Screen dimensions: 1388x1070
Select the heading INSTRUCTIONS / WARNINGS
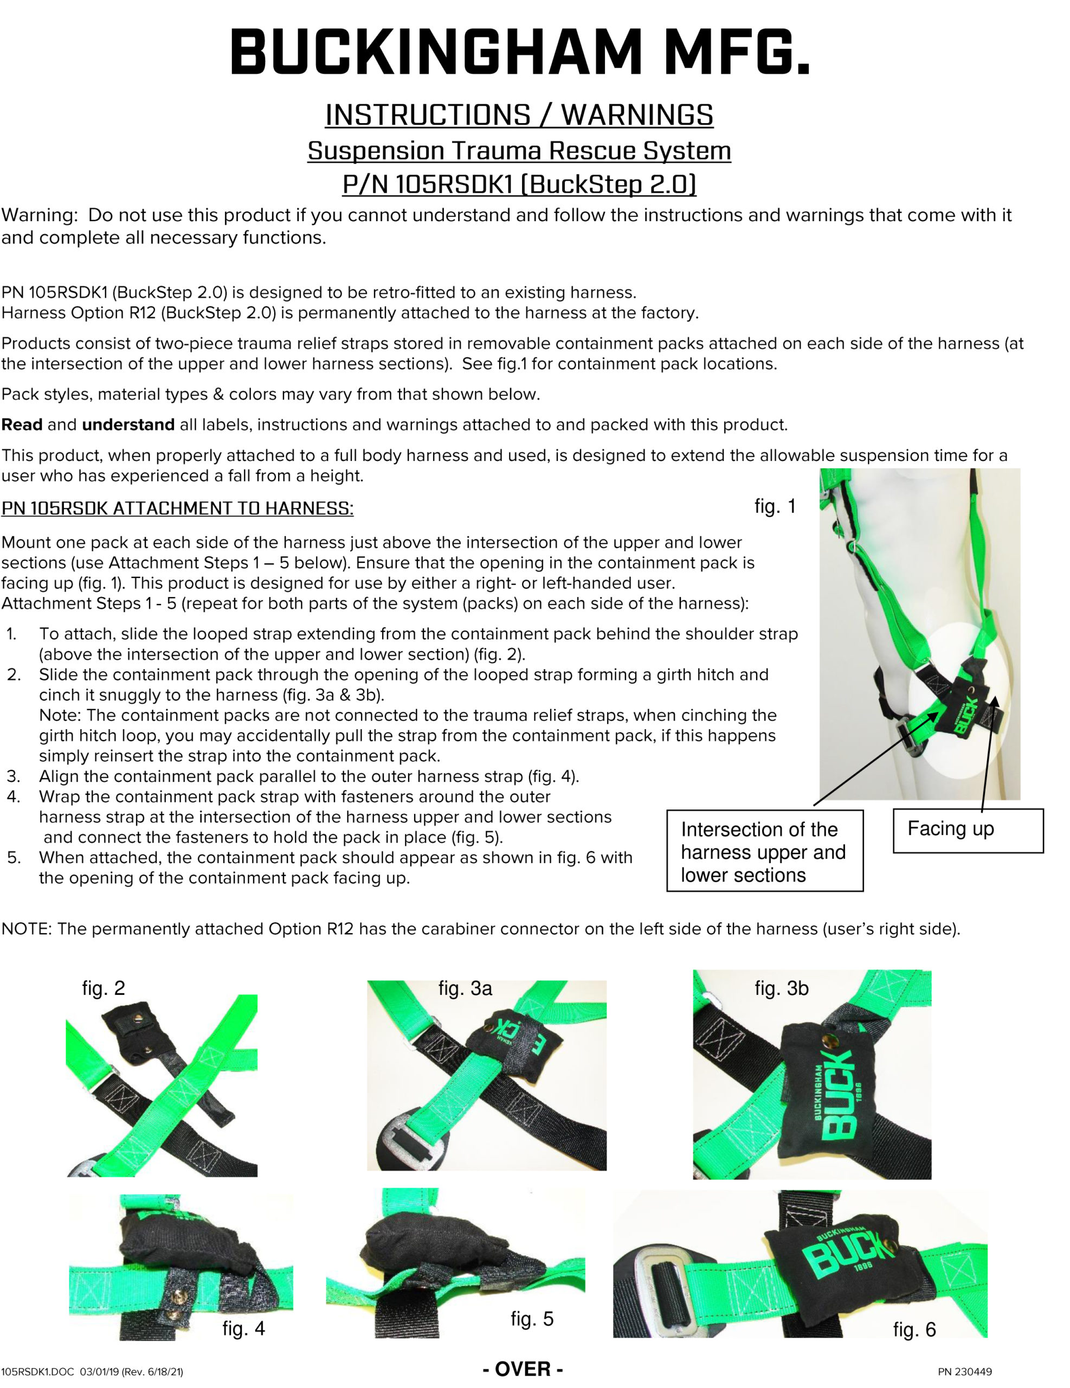pyautogui.click(x=519, y=115)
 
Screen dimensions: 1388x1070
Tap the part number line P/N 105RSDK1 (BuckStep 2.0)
pyautogui.click(x=519, y=184)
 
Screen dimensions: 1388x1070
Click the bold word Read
pyautogui.click(x=22, y=425)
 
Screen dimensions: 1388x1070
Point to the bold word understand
pyautogui.click(x=128, y=425)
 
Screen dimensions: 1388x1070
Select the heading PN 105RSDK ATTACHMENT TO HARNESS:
pyautogui.click(x=177, y=509)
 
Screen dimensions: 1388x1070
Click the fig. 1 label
pyautogui.click(x=775, y=506)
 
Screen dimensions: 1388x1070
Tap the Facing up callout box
pyautogui.click(x=968, y=830)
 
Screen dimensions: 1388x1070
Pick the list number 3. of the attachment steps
pyautogui.click(x=14, y=776)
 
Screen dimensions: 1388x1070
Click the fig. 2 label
pyautogui.click(x=104, y=988)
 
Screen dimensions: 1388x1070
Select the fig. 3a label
pyautogui.click(x=465, y=988)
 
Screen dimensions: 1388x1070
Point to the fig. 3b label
pyautogui.click(x=782, y=988)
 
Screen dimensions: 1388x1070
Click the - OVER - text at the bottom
pyautogui.click(x=523, y=1368)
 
